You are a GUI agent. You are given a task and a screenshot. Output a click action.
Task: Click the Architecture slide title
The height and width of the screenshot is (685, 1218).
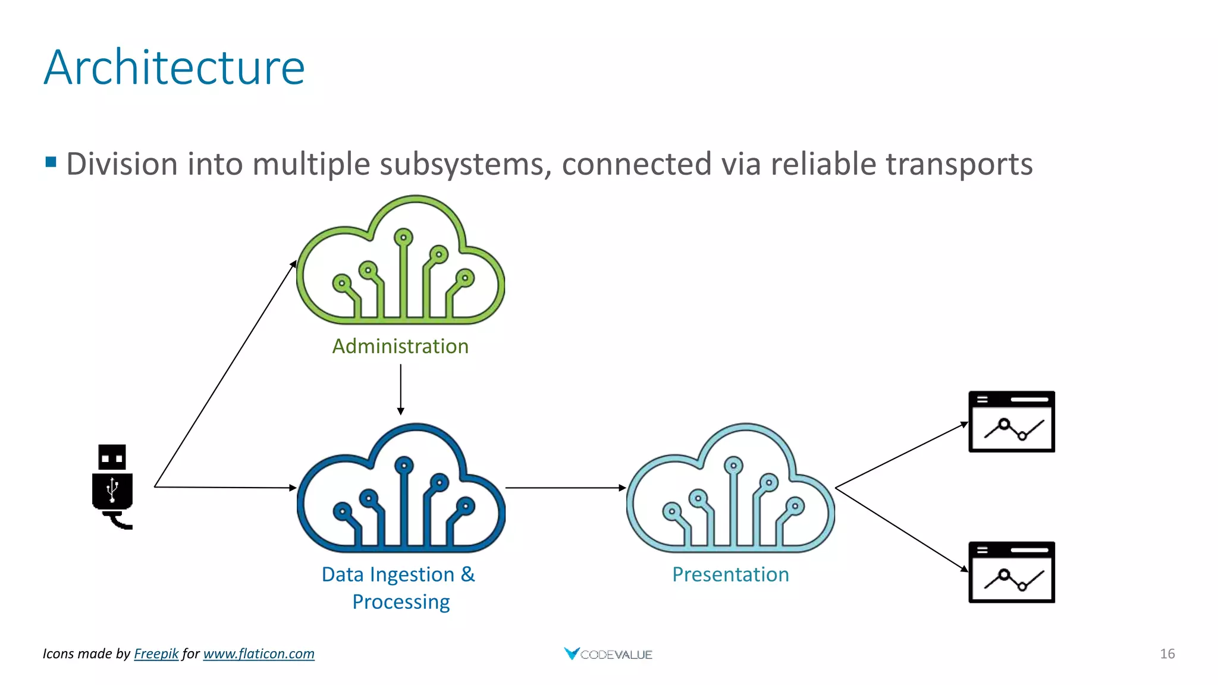coord(174,67)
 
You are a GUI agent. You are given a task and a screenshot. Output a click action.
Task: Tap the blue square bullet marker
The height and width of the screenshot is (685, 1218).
coord(51,162)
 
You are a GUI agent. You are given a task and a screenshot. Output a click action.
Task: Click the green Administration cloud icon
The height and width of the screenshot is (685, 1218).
coord(400,262)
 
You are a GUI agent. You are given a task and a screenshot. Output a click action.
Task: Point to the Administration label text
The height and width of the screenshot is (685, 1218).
coord(400,346)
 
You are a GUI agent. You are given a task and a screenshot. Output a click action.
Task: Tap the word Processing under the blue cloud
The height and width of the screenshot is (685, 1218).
coord(401,602)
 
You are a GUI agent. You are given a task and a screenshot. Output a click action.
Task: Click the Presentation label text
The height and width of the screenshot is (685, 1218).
coord(730,574)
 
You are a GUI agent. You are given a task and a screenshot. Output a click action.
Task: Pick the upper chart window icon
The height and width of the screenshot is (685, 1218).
coord(1012,422)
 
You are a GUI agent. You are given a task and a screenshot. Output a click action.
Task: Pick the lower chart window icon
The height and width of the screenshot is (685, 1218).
coord(1012,572)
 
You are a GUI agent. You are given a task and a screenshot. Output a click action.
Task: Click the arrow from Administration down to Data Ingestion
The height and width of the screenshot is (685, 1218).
coord(401,389)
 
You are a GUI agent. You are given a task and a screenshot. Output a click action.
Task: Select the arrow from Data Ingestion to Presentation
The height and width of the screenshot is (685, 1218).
coord(565,488)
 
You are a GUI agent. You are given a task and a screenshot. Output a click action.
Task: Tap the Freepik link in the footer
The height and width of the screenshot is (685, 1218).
coord(156,653)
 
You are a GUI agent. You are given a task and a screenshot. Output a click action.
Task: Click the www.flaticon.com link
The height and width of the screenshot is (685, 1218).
coord(259,653)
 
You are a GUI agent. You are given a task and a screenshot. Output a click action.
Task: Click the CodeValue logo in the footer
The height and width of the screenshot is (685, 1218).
coord(608,654)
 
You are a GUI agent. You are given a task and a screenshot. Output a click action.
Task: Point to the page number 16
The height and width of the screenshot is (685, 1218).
coord(1167,653)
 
